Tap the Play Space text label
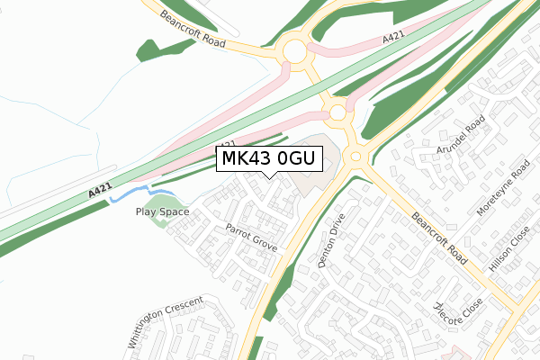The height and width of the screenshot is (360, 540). pyautogui.click(x=162, y=212)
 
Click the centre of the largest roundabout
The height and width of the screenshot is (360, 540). pyautogui.click(x=294, y=51)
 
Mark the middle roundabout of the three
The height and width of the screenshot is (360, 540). pyautogui.click(x=338, y=113)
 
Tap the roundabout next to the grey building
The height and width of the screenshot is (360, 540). pyautogui.click(x=354, y=157)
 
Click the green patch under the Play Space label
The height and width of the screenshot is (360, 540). pyautogui.click(x=159, y=221)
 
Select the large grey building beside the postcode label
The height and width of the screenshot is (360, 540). pyautogui.click(x=315, y=162)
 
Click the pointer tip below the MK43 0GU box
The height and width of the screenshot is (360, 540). pyautogui.click(x=270, y=177)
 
